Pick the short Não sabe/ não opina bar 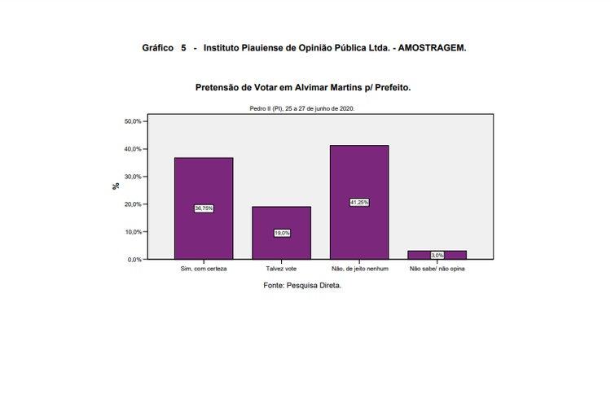pos(437,252)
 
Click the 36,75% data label pos(204,208)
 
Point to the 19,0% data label pos(281,233)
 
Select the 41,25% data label pos(359,202)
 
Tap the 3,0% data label pos(437,255)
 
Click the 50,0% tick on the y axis pos(133,121)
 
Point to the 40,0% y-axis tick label pos(133,149)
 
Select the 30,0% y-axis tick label pos(133,177)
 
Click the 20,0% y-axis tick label pos(133,204)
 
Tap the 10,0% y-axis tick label pos(133,232)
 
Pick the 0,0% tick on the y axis pos(134,260)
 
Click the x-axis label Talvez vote pos(281,269)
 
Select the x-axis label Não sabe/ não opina pos(437,269)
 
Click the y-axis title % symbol pos(116,186)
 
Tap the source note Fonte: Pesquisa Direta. pos(302,286)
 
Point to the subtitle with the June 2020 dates pos(302,107)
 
